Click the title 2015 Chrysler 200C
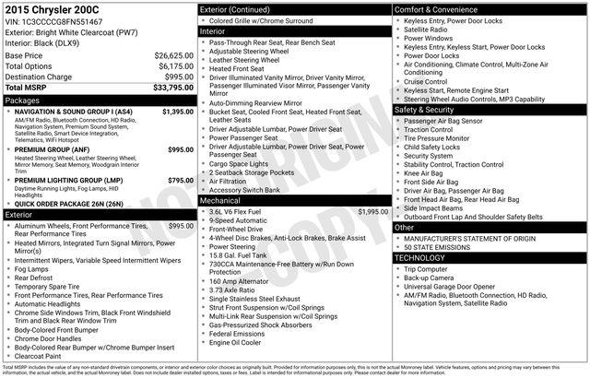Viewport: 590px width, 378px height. (51, 8)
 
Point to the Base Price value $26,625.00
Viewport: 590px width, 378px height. (173, 56)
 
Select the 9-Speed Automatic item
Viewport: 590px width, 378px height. (240, 220)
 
